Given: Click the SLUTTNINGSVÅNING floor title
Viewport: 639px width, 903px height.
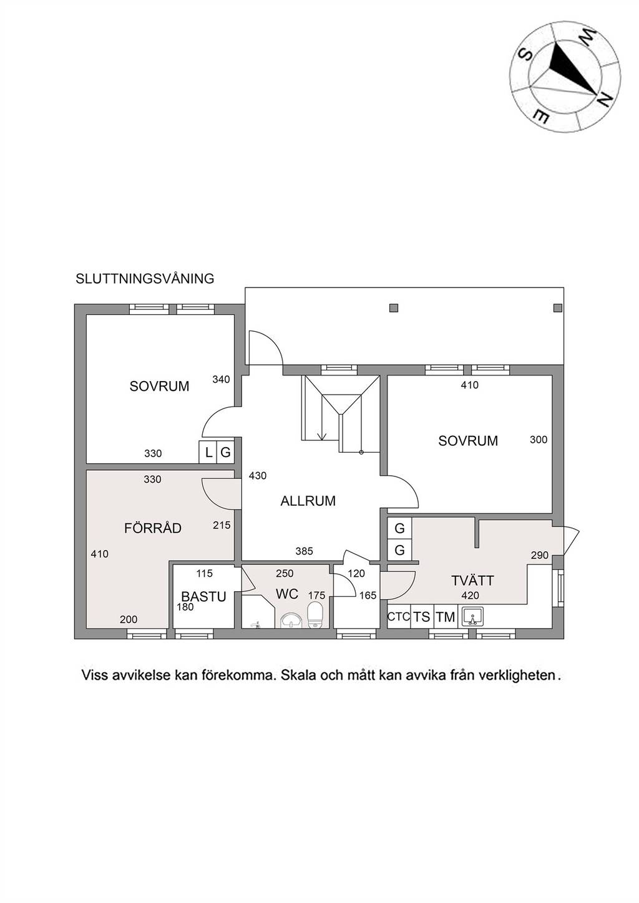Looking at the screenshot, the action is tap(145, 279).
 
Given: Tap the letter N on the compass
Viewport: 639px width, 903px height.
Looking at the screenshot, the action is tap(603, 99).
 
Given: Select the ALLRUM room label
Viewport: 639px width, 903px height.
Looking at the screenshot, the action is tap(308, 501).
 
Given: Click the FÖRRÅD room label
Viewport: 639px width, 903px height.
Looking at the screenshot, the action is tap(152, 528).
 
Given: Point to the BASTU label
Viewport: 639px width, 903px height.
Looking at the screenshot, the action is tap(203, 596).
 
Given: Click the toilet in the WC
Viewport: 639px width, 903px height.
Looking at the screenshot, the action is tap(314, 615).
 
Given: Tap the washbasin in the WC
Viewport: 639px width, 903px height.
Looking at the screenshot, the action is tap(290, 620).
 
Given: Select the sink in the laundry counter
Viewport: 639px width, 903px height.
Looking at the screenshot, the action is tap(473, 616).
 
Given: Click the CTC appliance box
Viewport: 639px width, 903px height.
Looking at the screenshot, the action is tap(399, 617).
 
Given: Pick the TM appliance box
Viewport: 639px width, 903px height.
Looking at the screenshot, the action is tap(446, 617).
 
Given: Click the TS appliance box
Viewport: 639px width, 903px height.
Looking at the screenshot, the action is tap(422, 617).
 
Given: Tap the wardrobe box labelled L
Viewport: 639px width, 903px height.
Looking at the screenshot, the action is tap(208, 452).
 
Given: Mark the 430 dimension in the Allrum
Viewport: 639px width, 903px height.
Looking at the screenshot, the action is tap(257, 476).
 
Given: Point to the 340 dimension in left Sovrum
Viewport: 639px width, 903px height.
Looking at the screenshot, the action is tap(221, 379).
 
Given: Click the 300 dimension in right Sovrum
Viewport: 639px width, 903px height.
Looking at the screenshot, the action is tap(539, 440).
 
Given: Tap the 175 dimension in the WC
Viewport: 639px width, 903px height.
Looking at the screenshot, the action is tap(316, 596).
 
